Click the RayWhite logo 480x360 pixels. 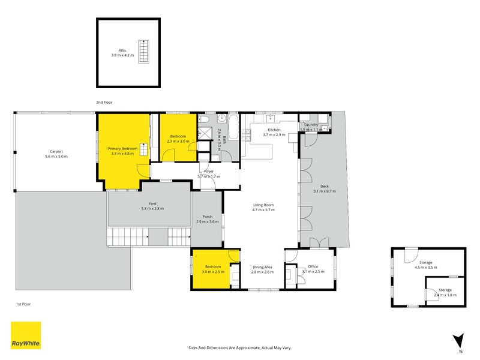(x=26, y=335)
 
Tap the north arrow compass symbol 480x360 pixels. (x=459, y=341)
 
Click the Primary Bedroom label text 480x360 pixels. (x=122, y=148)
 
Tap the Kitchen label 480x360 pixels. (x=274, y=130)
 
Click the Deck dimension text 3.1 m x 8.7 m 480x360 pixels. (x=325, y=191)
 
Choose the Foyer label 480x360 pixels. (x=209, y=172)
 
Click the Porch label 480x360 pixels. (x=208, y=217)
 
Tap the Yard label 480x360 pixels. (x=152, y=203)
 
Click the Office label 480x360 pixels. (x=313, y=266)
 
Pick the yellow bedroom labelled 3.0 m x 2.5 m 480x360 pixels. (x=214, y=269)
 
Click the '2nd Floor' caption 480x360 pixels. (x=104, y=103)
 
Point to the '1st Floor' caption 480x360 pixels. (x=23, y=304)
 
